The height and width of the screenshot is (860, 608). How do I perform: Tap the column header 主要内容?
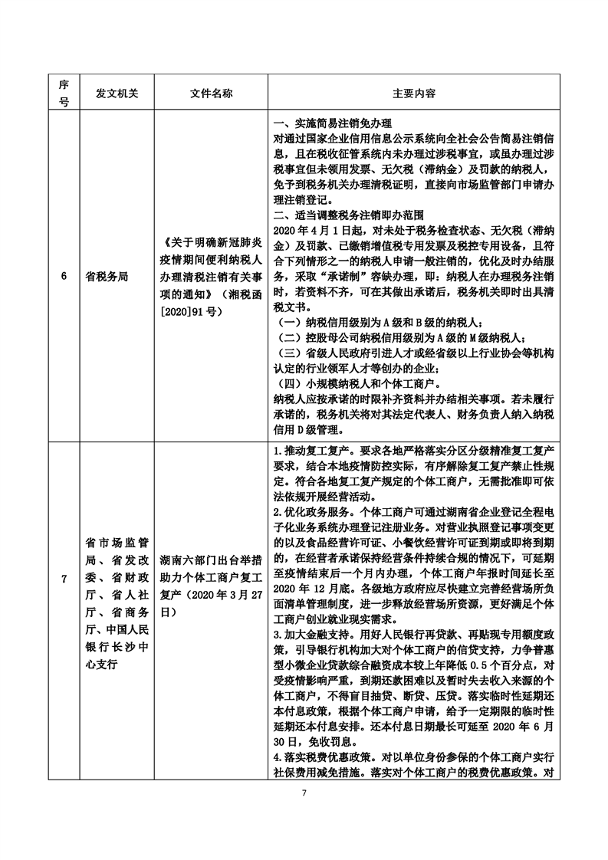pos(414,94)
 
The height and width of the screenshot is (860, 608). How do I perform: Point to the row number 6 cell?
pos(64,277)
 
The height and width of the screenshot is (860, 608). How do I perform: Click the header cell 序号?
pos(64,94)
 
